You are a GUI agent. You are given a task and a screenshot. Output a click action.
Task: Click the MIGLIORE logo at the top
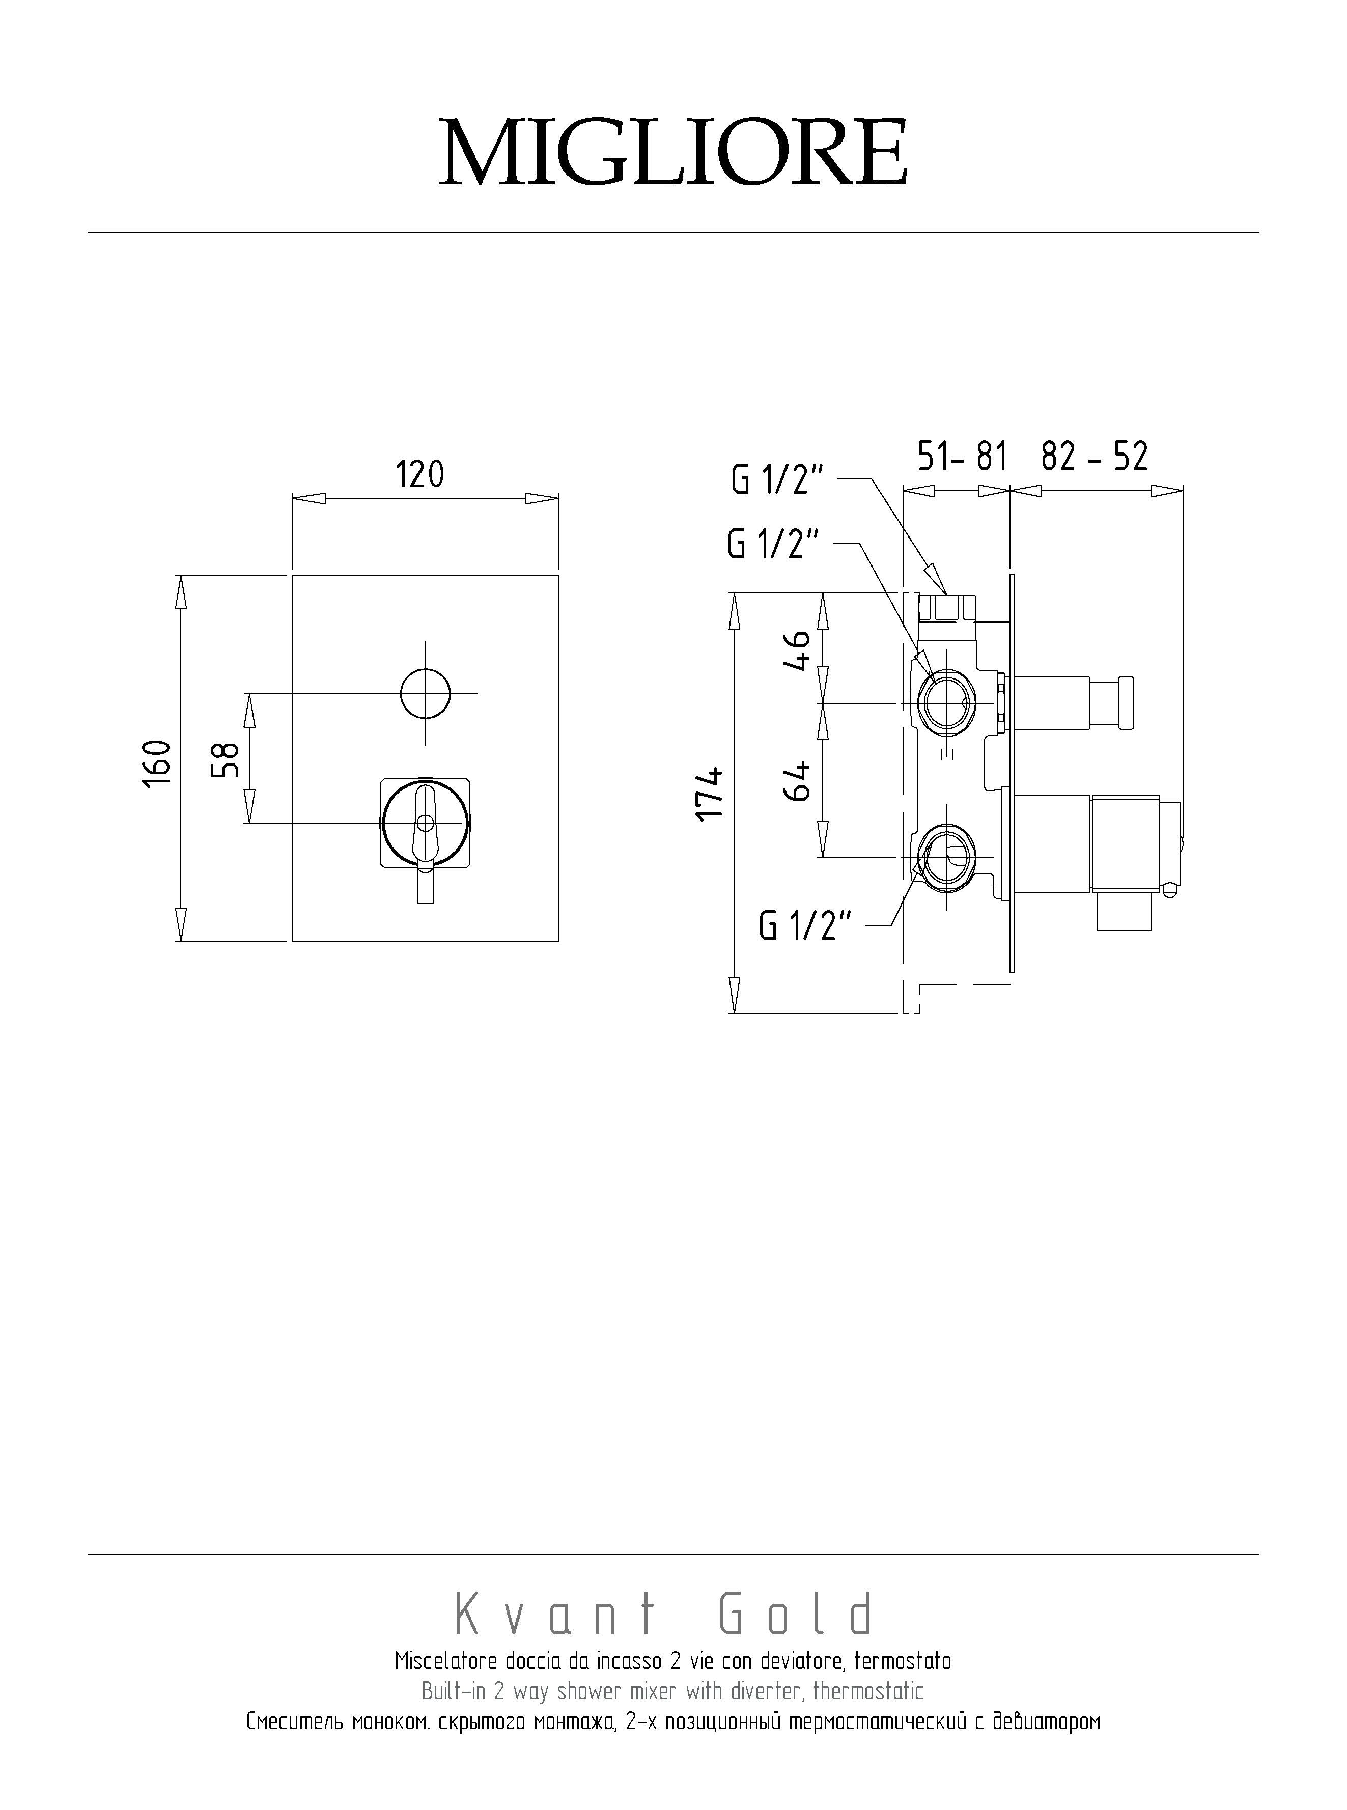[674, 153]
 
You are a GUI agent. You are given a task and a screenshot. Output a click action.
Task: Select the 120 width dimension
[420, 474]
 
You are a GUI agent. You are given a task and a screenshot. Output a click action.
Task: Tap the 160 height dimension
[157, 762]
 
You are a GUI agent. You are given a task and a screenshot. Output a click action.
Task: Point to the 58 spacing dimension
[226, 758]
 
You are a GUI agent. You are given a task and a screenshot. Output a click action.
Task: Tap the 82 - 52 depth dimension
[1094, 457]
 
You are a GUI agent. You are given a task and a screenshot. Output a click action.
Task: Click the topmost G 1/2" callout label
[779, 480]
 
